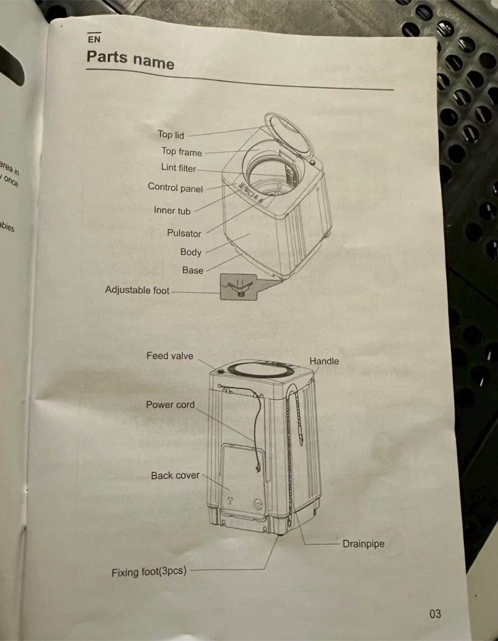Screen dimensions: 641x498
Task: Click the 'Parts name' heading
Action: (130, 59)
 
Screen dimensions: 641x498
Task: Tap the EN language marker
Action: (94, 39)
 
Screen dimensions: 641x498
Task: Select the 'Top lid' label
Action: (171, 134)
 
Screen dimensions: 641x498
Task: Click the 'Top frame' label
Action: (182, 152)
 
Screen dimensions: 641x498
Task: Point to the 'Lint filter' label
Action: (178, 168)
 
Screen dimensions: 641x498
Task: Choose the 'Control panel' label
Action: (175, 188)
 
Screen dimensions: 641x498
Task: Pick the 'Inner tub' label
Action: (172, 211)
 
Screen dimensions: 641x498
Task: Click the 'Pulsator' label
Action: (184, 233)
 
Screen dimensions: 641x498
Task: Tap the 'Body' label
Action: (191, 252)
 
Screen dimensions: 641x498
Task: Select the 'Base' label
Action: (193, 270)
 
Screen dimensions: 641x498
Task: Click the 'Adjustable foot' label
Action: (137, 290)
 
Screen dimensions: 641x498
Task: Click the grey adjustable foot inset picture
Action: (238, 287)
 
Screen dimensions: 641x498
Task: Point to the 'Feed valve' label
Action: (170, 356)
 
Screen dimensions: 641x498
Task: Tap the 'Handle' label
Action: (324, 361)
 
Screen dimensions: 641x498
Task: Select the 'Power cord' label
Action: (170, 405)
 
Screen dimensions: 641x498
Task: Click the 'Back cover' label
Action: (175, 475)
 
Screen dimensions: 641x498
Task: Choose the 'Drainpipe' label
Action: (363, 544)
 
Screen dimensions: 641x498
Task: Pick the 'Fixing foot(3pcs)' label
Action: (149, 572)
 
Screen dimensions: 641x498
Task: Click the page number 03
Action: (435, 614)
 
